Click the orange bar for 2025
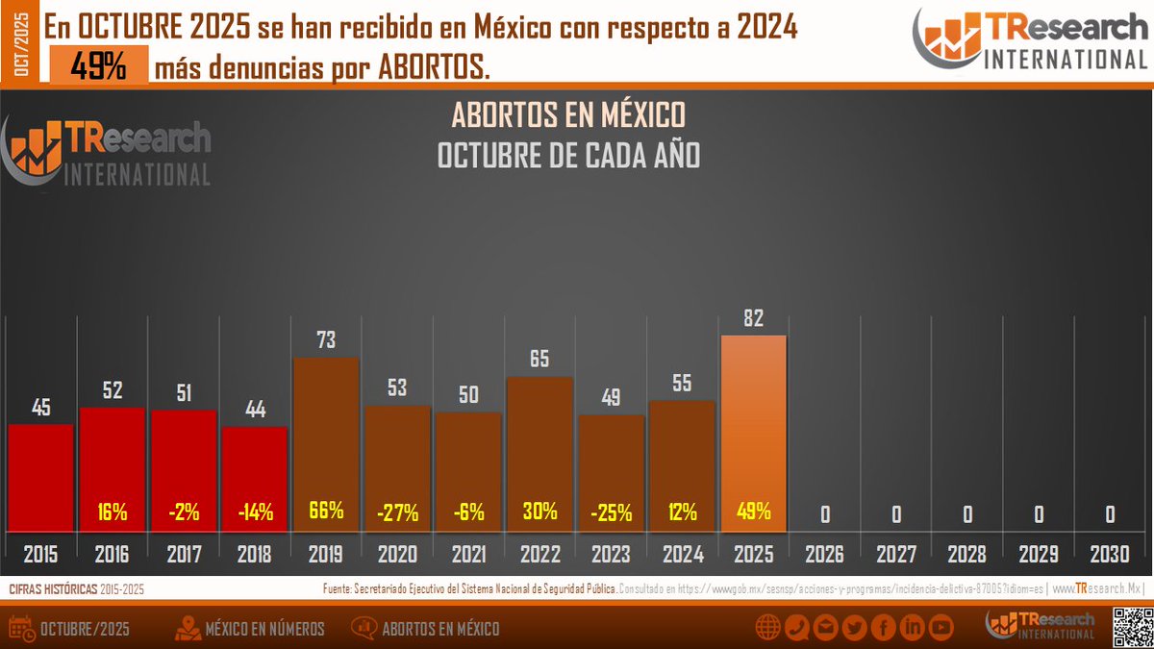coord(753,433)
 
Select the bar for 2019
coord(326,442)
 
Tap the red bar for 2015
coord(41,476)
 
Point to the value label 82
coord(753,318)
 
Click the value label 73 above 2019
coord(326,340)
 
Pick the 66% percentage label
coord(326,511)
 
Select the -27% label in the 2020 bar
coord(397,512)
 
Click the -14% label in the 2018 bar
coord(255,512)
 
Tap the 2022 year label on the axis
coord(539,555)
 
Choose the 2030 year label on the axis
coord(1109,555)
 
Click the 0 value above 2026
coord(825,514)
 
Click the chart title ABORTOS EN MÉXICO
coord(568,115)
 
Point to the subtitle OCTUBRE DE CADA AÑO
coord(568,155)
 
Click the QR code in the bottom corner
coord(1131,628)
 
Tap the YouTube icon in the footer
coord(941,629)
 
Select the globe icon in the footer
coord(767,629)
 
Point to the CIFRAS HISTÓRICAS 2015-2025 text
coord(77,587)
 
